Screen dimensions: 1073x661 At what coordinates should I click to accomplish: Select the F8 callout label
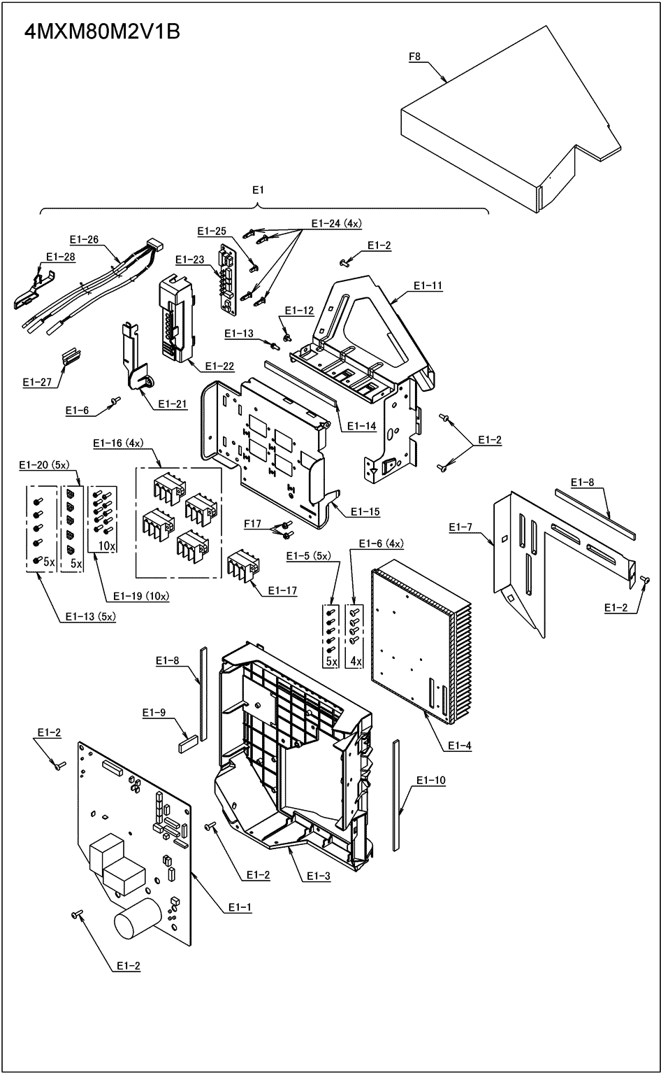pos(414,57)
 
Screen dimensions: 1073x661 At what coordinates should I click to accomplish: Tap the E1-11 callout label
pos(428,285)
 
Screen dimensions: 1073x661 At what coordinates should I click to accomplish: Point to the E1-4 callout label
pos(459,746)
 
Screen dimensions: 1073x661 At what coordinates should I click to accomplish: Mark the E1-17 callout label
pos(282,591)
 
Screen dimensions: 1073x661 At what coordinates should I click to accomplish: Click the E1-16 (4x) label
pos(117,443)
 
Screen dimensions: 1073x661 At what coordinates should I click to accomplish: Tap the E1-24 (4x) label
pos(336,224)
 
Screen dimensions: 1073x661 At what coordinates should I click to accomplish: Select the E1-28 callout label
pos(60,257)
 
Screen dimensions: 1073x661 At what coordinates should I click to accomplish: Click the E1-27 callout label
pos(37,382)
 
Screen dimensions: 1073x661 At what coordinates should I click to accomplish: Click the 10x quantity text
pos(106,545)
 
